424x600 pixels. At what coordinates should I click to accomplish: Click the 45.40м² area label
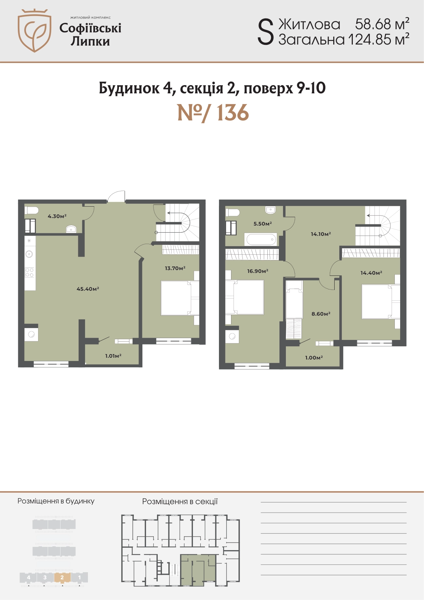[88, 289]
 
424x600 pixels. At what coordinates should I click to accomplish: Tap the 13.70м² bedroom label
[175, 268]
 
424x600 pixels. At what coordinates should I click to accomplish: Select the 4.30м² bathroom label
[57, 216]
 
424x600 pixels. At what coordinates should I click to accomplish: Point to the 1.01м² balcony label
[113, 356]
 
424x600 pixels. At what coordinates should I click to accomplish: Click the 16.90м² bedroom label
[258, 271]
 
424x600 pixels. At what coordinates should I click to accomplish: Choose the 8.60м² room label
[321, 314]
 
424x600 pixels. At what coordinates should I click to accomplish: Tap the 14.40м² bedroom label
[371, 273]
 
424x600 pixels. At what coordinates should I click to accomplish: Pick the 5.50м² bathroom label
[263, 223]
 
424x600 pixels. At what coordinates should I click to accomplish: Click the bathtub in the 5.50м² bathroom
[261, 239]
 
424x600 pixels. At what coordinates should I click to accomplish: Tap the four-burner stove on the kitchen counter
[30, 273]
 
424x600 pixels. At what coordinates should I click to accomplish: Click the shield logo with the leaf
[35, 31]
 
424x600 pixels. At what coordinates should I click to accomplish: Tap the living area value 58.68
[373, 24]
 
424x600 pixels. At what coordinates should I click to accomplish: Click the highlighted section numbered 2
[62, 577]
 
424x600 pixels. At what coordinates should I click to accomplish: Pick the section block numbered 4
[28, 577]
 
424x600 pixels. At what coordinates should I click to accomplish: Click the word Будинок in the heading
[129, 88]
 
